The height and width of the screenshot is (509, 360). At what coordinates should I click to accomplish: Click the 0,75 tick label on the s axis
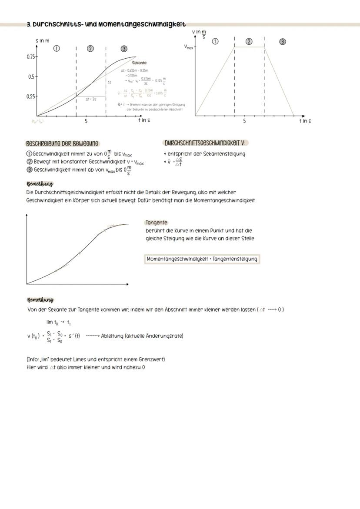tap(30, 57)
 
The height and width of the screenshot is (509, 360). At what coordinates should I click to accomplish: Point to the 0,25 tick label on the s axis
tap(30, 96)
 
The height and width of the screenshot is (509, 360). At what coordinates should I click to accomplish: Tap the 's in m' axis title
tap(42, 40)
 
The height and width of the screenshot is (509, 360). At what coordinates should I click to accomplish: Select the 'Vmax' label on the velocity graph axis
tap(189, 47)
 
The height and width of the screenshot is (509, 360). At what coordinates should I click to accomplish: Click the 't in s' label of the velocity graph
tap(304, 121)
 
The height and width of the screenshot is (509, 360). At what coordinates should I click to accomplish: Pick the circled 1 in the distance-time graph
tap(56, 49)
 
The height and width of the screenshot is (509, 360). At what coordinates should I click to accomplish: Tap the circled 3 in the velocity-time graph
tap(282, 42)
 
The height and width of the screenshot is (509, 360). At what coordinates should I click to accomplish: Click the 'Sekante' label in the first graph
tap(139, 63)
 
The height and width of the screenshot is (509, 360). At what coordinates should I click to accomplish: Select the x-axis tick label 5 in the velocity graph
tap(244, 121)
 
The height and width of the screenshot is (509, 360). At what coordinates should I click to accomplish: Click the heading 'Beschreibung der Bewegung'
tap(62, 143)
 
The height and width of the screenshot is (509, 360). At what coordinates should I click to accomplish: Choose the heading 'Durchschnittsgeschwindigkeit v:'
tap(207, 143)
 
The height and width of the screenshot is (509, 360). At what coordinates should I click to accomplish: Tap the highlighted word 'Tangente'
tap(157, 223)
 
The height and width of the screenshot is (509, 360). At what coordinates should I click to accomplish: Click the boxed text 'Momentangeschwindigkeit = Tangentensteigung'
tap(202, 259)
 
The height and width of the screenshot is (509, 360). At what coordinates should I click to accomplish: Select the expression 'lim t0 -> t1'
tap(59, 323)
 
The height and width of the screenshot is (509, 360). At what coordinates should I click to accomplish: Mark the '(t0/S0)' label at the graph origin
tap(37, 121)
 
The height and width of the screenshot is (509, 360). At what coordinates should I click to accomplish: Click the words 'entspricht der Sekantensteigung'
tap(207, 154)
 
